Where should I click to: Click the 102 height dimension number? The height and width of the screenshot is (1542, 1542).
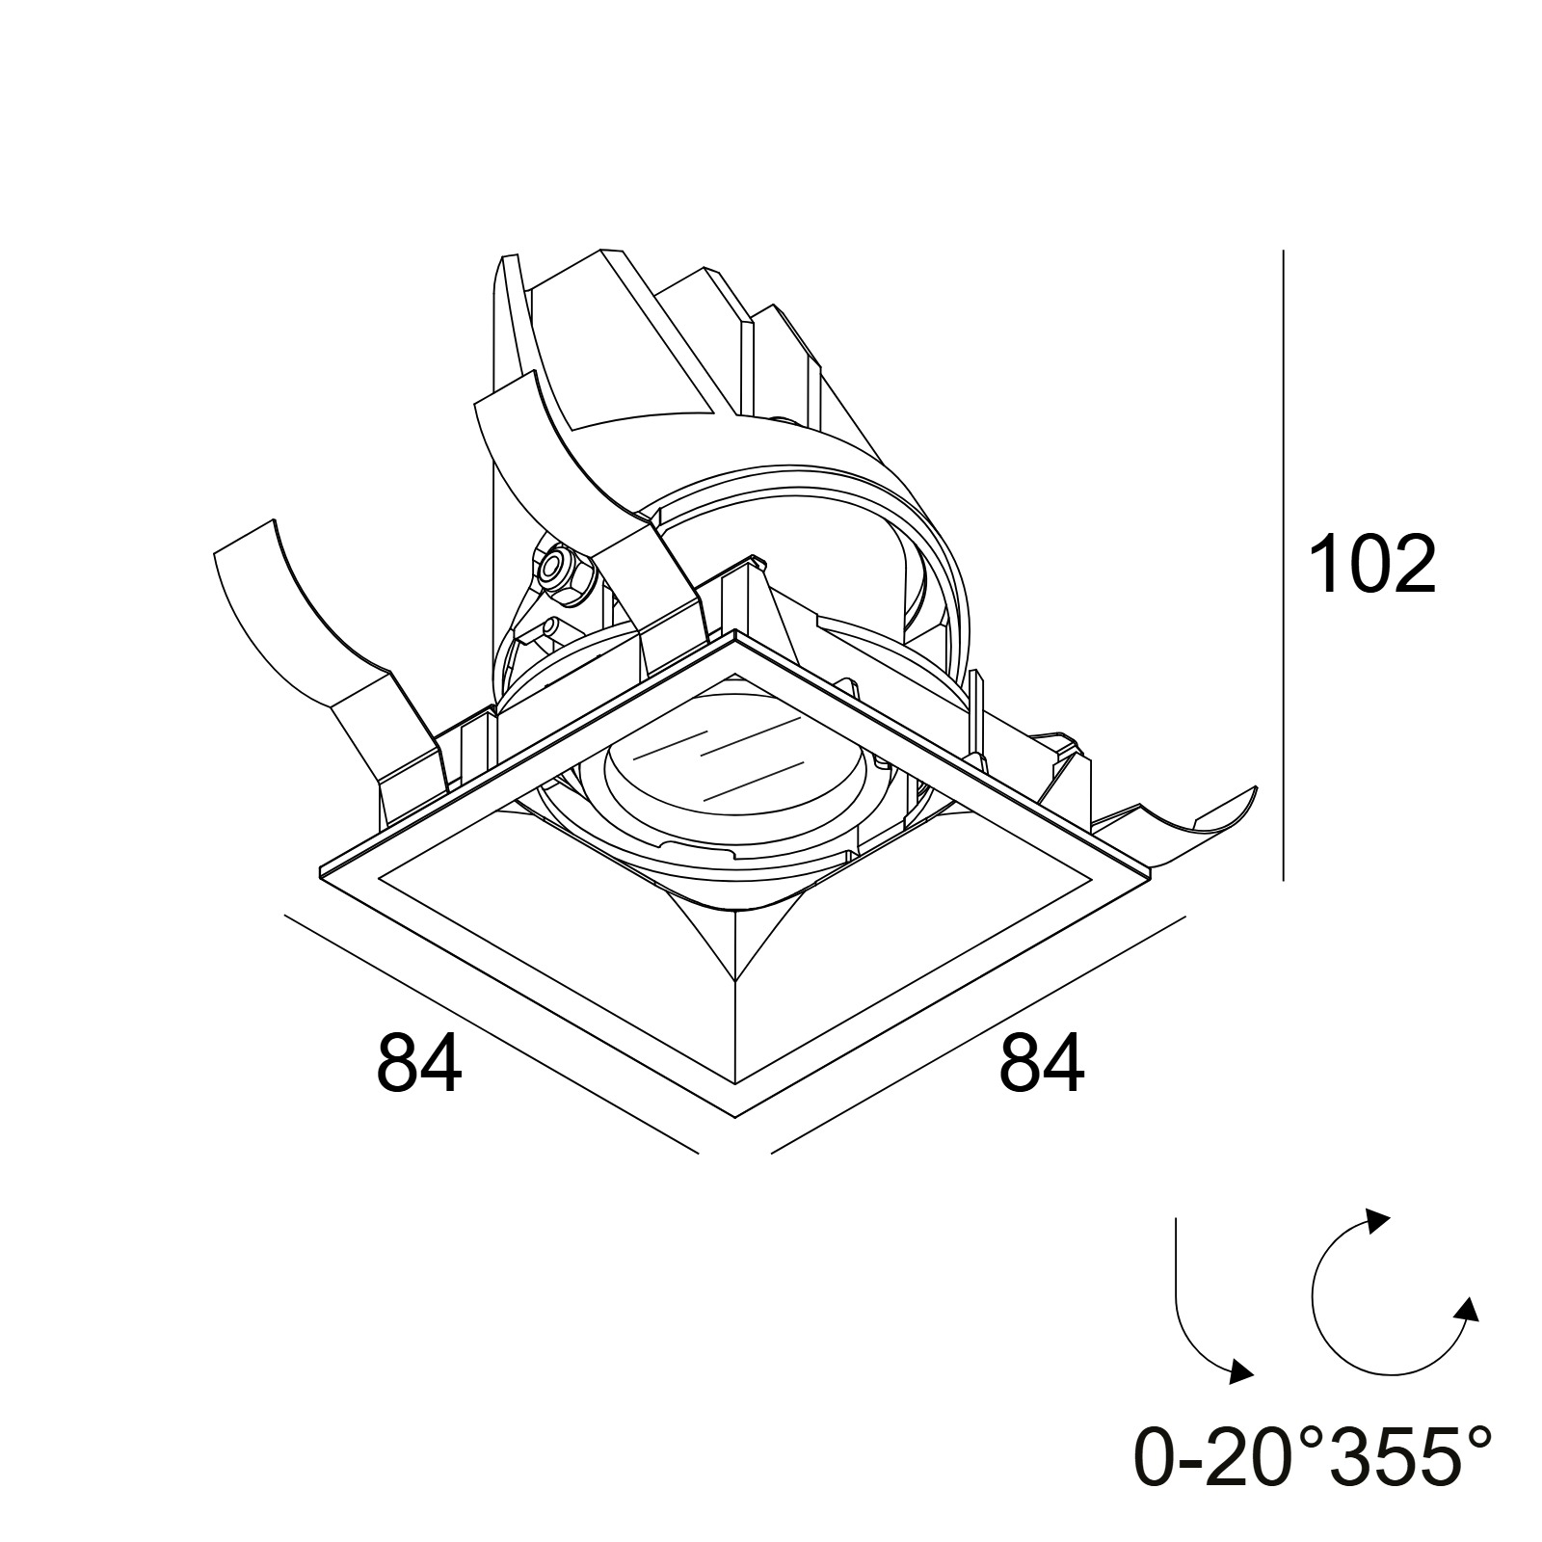(1372, 564)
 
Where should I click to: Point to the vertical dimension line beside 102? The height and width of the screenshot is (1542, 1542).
(1283, 565)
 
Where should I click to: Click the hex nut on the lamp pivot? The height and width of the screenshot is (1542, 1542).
(557, 571)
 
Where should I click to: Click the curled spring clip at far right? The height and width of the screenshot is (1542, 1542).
(1195, 810)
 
